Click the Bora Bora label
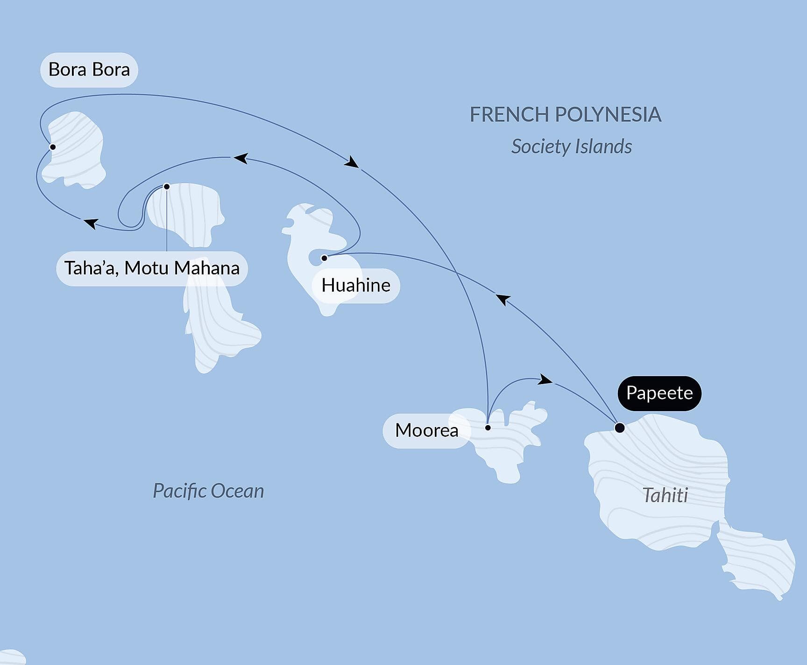click(x=89, y=70)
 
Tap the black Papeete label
click(x=659, y=393)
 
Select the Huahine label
click(x=356, y=286)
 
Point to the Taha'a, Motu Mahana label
click(x=152, y=268)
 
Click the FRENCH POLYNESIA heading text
click(x=565, y=115)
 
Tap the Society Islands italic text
click(x=571, y=147)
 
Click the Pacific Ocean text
click(x=208, y=491)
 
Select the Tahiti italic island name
click(x=665, y=496)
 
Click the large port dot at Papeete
click(x=619, y=427)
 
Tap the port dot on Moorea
click(x=488, y=427)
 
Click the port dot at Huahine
click(x=324, y=258)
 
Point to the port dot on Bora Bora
click(x=53, y=147)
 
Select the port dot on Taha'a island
click(x=167, y=187)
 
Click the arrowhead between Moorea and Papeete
click(x=545, y=379)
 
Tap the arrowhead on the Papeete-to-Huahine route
click(x=503, y=299)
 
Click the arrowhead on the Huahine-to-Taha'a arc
click(x=240, y=158)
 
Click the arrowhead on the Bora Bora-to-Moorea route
click(x=352, y=162)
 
